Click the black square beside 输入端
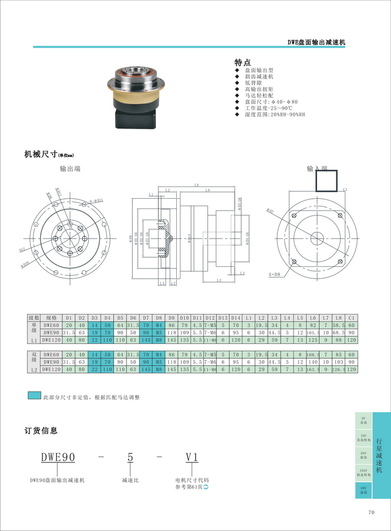click(327, 181)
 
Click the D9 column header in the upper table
click(171, 318)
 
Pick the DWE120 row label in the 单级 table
click(51, 339)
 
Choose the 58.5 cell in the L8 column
click(339, 325)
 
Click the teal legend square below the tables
click(34, 396)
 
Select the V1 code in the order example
click(192, 457)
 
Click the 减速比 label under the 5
click(130, 480)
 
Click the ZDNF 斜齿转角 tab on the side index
click(364, 473)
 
